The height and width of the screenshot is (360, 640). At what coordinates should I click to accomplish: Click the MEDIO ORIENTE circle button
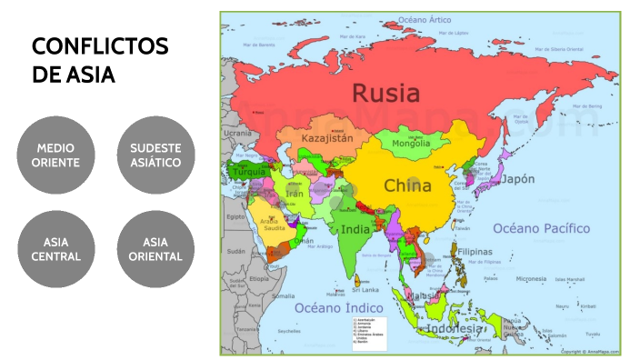click(x=56, y=155)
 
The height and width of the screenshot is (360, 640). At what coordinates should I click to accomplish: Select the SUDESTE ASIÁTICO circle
click(x=155, y=155)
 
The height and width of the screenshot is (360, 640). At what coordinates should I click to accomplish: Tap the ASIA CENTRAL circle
click(x=56, y=249)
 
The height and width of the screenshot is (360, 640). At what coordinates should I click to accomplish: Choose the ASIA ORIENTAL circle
click(x=155, y=249)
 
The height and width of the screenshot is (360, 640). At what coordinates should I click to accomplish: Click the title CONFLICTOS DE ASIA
click(x=99, y=60)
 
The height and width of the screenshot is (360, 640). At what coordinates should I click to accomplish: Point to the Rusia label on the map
click(x=386, y=93)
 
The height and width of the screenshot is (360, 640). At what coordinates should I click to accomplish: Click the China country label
click(x=407, y=185)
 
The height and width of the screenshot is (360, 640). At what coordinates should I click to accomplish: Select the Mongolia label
click(x=410, y=143)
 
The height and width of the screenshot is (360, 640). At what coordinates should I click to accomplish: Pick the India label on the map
click(x=355, y=229)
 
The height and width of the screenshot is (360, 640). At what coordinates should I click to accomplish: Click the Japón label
click(x=518, y=179)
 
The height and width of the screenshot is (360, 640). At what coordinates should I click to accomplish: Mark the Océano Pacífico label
click(x=541, y=228)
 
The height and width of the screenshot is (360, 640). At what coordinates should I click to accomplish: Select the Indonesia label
click(x=455, y=327)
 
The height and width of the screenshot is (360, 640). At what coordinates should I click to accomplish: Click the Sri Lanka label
click(x=365, y=290)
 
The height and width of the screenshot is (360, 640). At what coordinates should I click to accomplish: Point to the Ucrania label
click(x=237, y=134)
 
